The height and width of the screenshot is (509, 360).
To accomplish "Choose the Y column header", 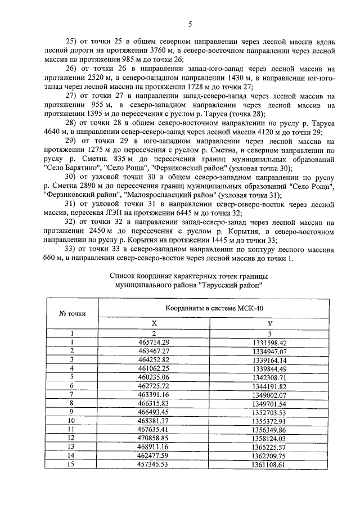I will [x=269, y=323].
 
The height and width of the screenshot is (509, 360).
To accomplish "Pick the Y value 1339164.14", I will [x=269, y=361].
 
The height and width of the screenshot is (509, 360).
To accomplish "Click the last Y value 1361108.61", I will [x=269, y=465].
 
